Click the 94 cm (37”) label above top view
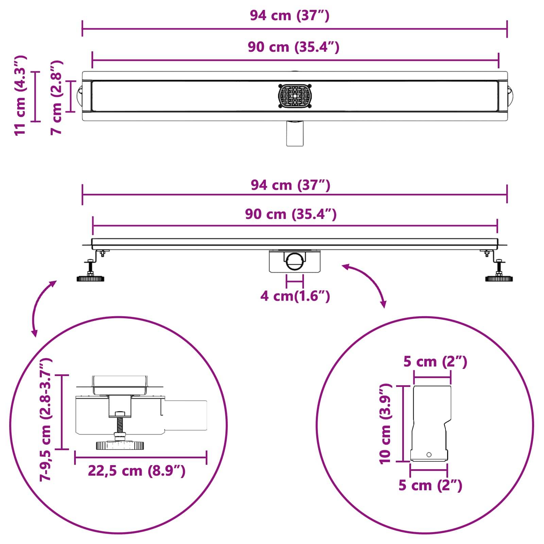(290, 16)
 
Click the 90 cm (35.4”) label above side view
(291, 214)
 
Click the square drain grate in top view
(295, 96)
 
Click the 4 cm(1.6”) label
(295, 296)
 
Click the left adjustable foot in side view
(90, 278)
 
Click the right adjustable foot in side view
(499, 278)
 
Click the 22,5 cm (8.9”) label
(137, 471)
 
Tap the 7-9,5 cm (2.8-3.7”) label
(46, 420)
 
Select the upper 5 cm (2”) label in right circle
(435, 361)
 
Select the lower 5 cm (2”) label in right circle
(430, 485)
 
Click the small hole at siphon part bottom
(429, 455)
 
